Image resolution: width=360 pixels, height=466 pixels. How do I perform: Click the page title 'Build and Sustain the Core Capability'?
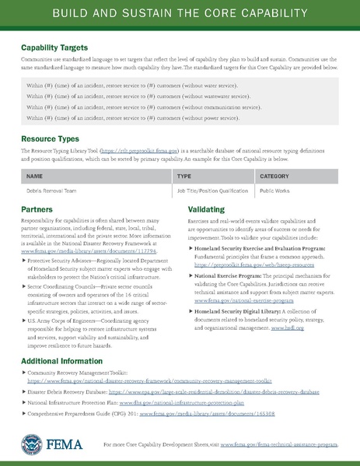[180, 15]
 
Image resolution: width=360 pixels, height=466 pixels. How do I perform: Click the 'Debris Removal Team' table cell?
[53, 189]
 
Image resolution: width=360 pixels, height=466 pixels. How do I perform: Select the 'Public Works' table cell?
[278, 189]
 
